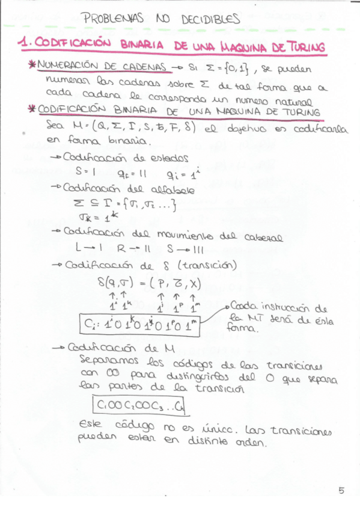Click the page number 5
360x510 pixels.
click(x=341, y=490)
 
